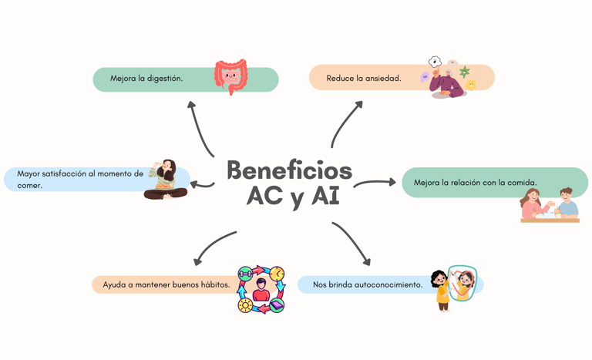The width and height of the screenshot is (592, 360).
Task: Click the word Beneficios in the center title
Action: [x=289, y=170]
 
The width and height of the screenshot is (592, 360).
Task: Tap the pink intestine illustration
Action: [x=231, y=76]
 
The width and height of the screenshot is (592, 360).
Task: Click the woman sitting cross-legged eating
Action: [x=166, y=180]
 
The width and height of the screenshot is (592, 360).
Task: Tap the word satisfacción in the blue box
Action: [x=82, y=174]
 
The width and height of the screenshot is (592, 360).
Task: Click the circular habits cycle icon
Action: [x=261, y=290]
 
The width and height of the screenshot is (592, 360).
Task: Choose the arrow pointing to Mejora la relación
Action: [x=375, y=183]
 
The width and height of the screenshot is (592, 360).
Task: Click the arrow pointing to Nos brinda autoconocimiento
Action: [x=352, y=244]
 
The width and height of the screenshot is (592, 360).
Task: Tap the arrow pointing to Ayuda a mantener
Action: [x=215, y=246]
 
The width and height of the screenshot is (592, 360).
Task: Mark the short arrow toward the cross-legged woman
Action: [x=202, y=184]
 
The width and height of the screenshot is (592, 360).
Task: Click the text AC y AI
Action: [x=292, y=197]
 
